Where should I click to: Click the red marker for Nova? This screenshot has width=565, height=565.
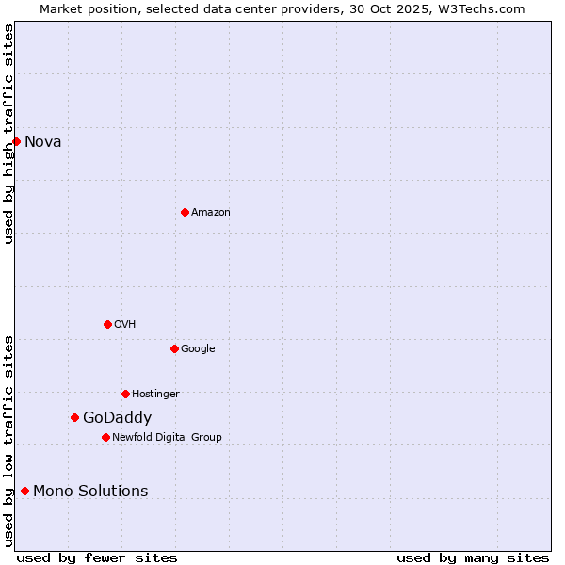[16, 141]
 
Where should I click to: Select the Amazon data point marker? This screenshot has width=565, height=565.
[185, 212]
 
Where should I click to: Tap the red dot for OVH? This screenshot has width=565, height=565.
[107, 324]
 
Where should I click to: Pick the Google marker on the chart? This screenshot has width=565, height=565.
[174, 348]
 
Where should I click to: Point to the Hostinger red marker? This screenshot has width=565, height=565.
[125, 394]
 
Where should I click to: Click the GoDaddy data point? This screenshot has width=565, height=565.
[74, 417]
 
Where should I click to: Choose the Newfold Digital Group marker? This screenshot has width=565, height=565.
[105, 437]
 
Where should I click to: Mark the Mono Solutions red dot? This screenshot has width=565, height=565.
[24, 491]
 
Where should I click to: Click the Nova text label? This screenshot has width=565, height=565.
[43, 142]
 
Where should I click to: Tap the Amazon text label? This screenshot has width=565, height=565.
[211, 213]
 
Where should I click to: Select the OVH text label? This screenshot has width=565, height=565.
[125, 325]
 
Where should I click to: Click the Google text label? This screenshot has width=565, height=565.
[198, 349]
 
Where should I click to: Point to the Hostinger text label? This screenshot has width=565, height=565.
[155, 395]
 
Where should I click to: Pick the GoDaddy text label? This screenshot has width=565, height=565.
[117, 418]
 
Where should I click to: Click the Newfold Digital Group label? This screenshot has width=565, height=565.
[167, 438]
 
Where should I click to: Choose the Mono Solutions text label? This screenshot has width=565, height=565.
[90, 492]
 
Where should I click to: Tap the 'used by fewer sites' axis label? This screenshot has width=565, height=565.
[97, 557]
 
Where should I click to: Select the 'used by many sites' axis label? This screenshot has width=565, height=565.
[473, 557]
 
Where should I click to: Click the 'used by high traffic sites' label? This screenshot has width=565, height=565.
[8, 134]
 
